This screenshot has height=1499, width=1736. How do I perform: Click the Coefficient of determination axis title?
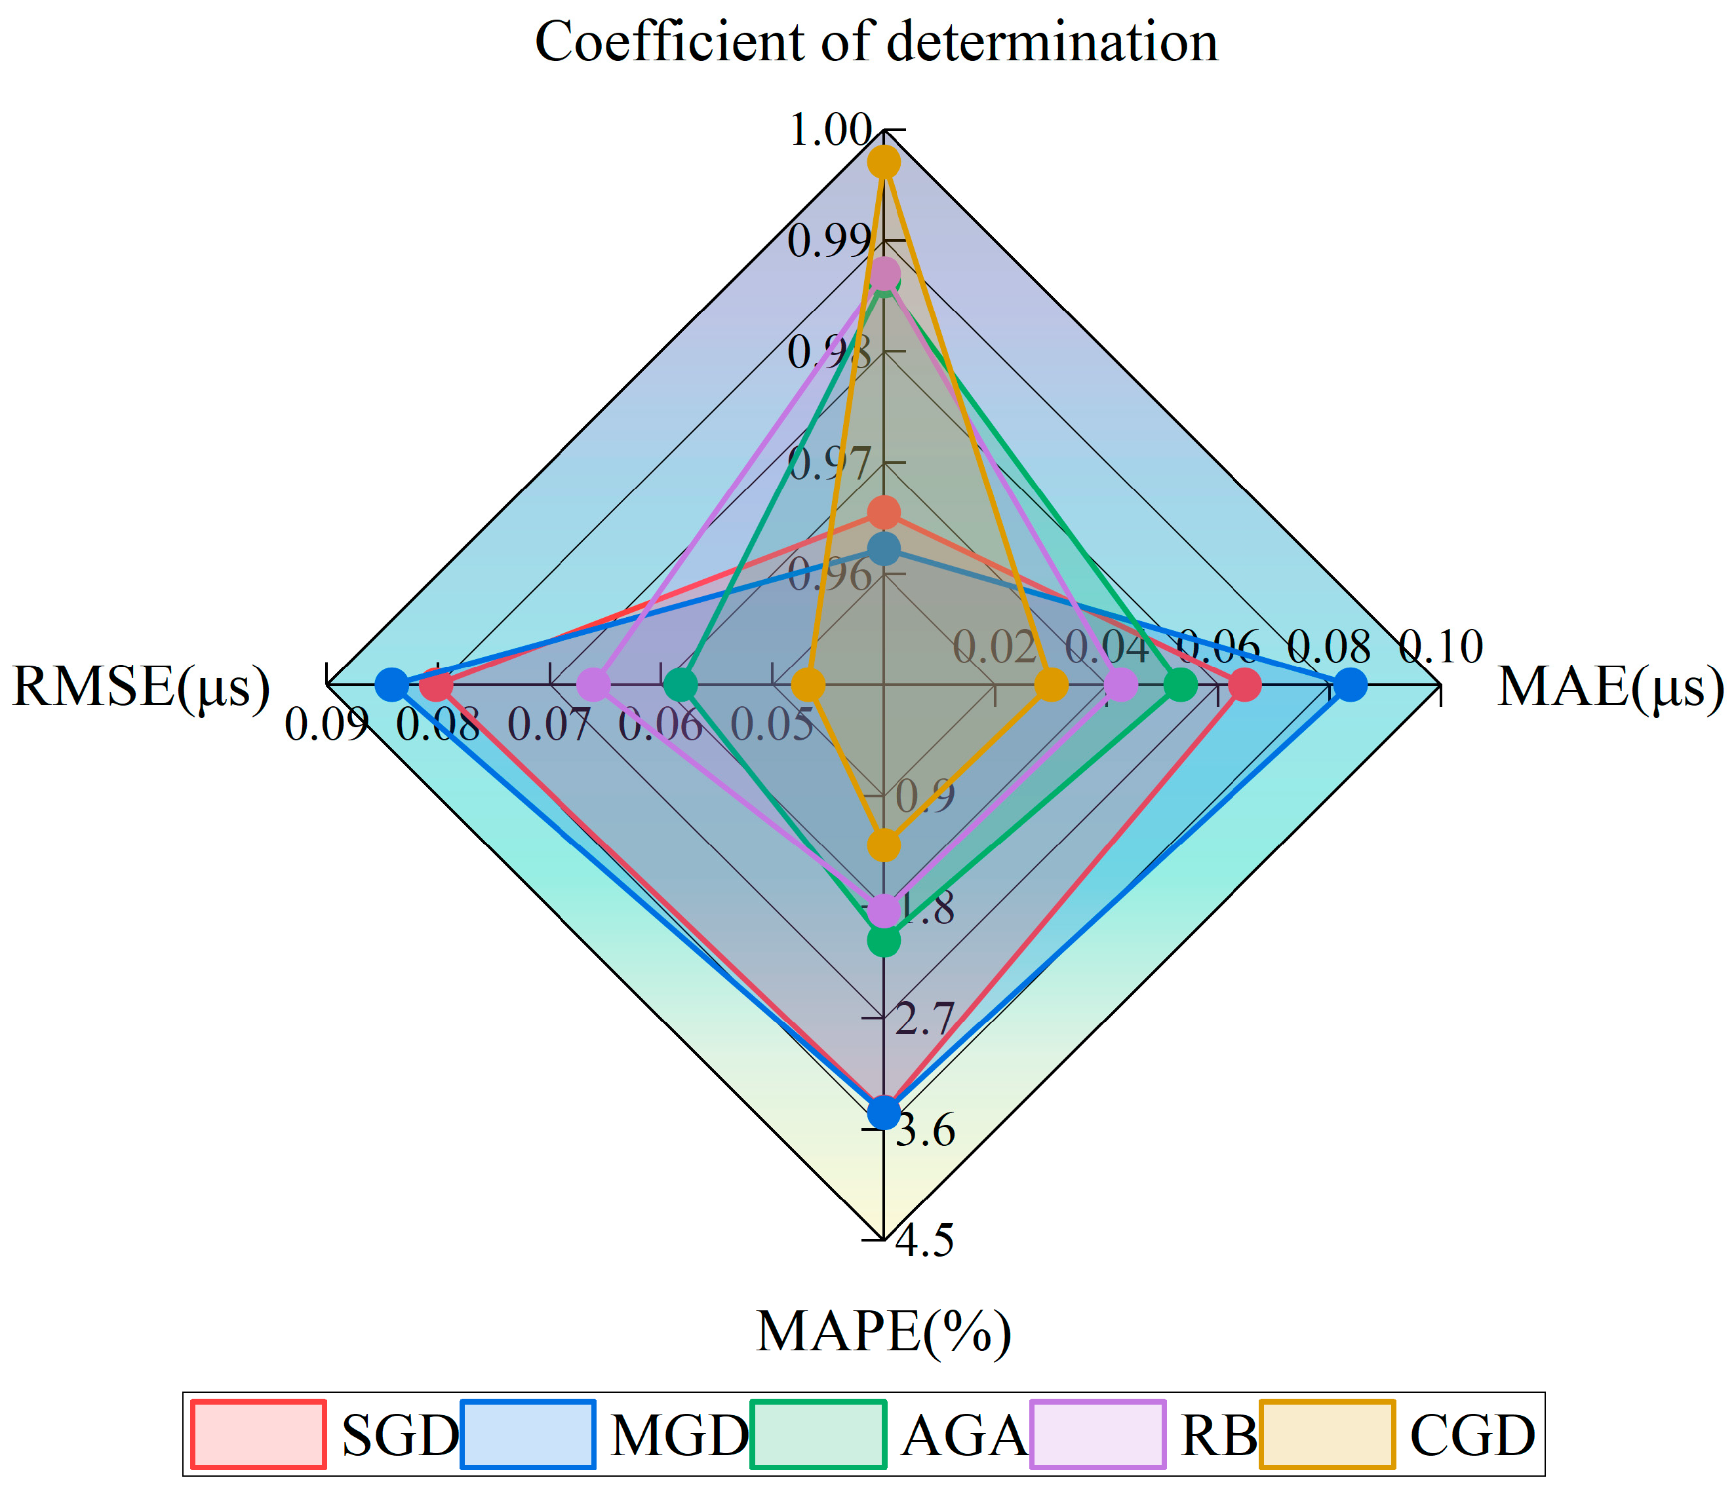pyautogui.click(x=877, y=42)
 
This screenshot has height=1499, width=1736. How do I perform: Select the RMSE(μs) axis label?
pyautogui.click(x=141, y=687)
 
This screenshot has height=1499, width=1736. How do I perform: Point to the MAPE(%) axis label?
pyautogui.click(x=883, y=1331)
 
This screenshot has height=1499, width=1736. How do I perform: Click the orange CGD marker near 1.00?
pyautogui.click(x=884, y=162)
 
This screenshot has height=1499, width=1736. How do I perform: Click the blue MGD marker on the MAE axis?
pyautogui.click(x=1350, y=686)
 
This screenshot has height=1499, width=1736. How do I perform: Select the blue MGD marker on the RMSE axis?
pyautogui.click(x=391, y=686)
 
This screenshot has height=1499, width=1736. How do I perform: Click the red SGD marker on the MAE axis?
pyautogui.click(x=1245, y=686)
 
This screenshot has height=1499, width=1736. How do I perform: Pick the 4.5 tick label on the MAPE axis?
pyautogui.click(x=924, y=1240)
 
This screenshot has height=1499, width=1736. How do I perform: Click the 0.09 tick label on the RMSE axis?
pyautogui.click(x=325, y=725)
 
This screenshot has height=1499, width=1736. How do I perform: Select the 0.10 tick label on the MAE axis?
pyautogui.click(x=1441, y=647)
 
